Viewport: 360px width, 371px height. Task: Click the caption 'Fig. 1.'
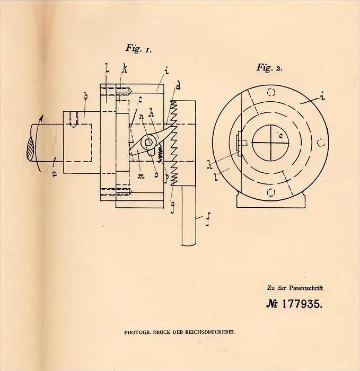[x=138, y=49]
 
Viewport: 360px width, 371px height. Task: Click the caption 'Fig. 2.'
[x=269, y=68]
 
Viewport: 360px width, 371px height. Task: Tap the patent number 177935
[x=302, y=304]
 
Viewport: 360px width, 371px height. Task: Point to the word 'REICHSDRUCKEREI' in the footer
[x=210, y=332]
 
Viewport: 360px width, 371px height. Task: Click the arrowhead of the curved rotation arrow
[x=42, y=118]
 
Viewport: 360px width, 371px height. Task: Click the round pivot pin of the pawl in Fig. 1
[x=148, y=143]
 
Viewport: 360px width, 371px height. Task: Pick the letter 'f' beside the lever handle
[x=207, y=219]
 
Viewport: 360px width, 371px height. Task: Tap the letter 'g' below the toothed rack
[x=173, y=208]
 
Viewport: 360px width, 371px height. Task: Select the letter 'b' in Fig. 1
[x=86, y=96]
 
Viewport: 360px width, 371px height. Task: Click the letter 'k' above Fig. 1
[x=125, y=68]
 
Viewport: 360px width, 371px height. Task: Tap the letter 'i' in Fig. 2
[x=322, y=97]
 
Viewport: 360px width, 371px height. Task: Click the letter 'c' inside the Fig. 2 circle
[x=280, y=136]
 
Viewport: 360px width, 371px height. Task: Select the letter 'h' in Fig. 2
[x=209, y=164]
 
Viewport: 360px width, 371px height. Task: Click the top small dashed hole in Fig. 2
[x=271, y=92]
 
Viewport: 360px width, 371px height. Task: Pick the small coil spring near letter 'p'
[x=161, y=153]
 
